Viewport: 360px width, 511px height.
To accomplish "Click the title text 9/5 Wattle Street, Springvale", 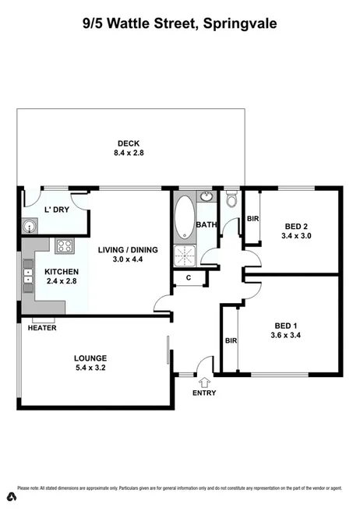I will [180, 23].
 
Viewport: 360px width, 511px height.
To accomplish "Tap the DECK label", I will [129, 143].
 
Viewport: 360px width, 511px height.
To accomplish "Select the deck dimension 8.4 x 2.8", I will [129, 153].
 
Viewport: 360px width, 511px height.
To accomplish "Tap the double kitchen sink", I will [28, 273].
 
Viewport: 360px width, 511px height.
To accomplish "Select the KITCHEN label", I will [61, 271].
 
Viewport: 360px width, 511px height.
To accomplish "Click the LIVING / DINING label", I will [128, 250].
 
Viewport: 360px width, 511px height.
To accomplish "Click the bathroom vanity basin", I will [205, 199].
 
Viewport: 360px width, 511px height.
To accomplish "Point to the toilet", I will [231, 200].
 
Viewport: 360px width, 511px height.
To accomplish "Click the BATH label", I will [206, 225].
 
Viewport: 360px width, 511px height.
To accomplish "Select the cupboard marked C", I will [188, 278].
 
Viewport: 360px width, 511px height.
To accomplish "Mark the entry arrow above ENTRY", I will [204, 382].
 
